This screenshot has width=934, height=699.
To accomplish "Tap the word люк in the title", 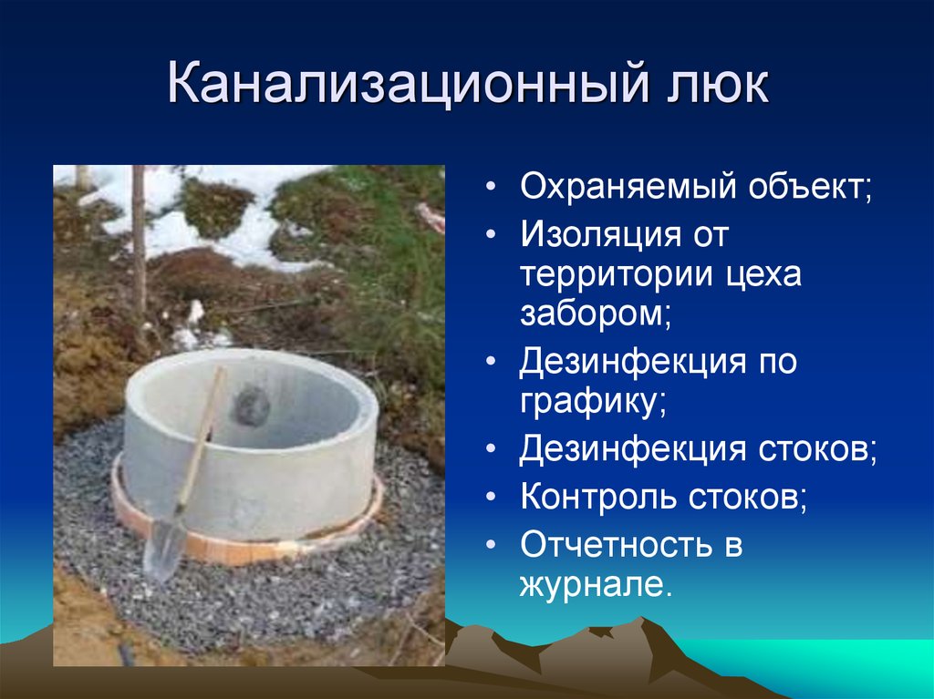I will click(711, 91).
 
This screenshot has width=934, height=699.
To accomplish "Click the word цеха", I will click(763, 274).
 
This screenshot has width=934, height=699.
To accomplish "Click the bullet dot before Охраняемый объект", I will click(492, 190).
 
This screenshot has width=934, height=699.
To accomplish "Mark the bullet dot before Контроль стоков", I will click(492, 498).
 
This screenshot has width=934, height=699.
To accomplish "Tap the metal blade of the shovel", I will click(164, 548).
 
